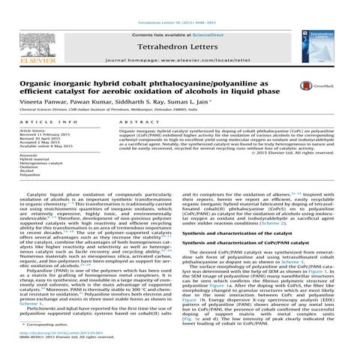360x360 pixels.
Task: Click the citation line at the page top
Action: click(180, 4)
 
